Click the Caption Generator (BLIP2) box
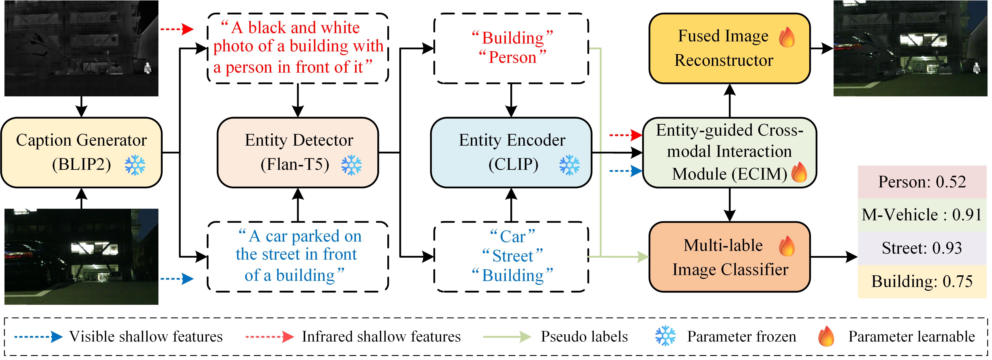81,152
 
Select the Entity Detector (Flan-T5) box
298,152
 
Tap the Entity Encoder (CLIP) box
511,152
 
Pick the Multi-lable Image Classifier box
730,257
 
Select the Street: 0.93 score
922,248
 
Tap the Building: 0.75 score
922,281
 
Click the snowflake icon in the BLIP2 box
135,165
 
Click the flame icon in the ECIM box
799,172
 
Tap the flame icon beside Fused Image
786,37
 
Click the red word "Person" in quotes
512,57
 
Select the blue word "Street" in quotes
512,256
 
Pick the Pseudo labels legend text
584,336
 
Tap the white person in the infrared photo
147,68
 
